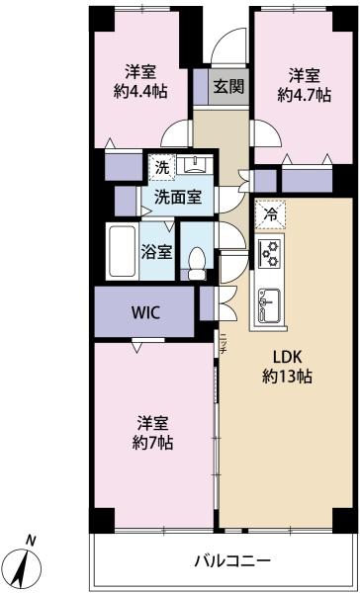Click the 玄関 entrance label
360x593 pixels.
click(228, 87)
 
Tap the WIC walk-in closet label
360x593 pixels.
click(146, 312)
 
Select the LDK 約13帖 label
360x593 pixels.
click(288, 366)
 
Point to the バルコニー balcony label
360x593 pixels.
click(232, 559)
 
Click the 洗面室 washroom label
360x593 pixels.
click(178, 197)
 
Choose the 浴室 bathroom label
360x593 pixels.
click(157, 251)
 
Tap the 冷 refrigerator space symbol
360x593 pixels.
click(270, 214)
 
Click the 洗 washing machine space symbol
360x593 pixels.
click(162, 167)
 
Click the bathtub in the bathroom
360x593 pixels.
click(123, 251)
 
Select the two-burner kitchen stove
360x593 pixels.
click(271, 253)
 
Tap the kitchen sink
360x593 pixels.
click(269, 305)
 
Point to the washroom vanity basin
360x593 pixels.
click(195, 164)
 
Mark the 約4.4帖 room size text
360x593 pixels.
click(140, 92)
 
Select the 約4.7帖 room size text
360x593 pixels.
click(304, 95)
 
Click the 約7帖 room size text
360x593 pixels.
click(152, 442)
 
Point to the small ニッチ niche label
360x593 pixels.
click(224, 343)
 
